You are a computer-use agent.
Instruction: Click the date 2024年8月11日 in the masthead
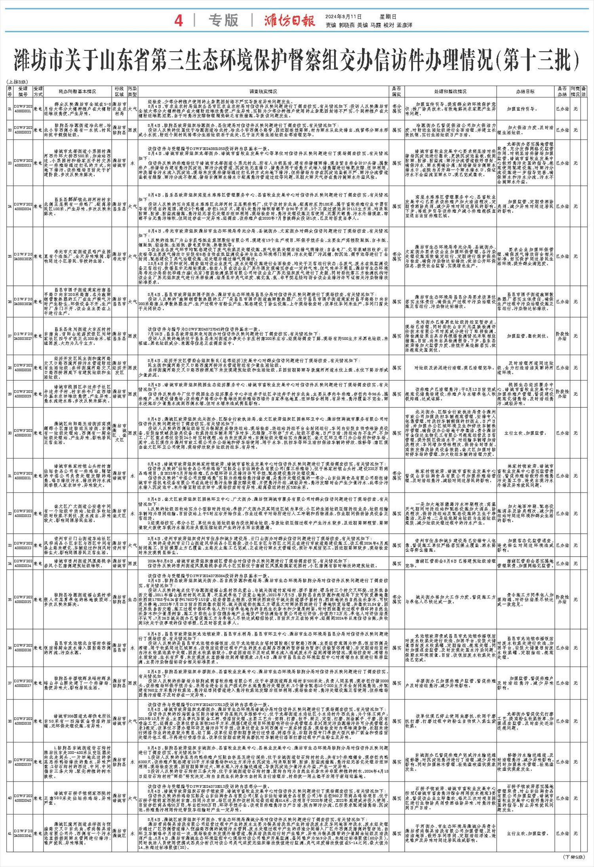[x=343, y=17]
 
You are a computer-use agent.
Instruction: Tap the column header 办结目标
[x=525, y=91]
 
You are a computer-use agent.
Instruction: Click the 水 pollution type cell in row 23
[x=132, y=163]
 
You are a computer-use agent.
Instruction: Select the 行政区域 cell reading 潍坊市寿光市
[x=119, y=256]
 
